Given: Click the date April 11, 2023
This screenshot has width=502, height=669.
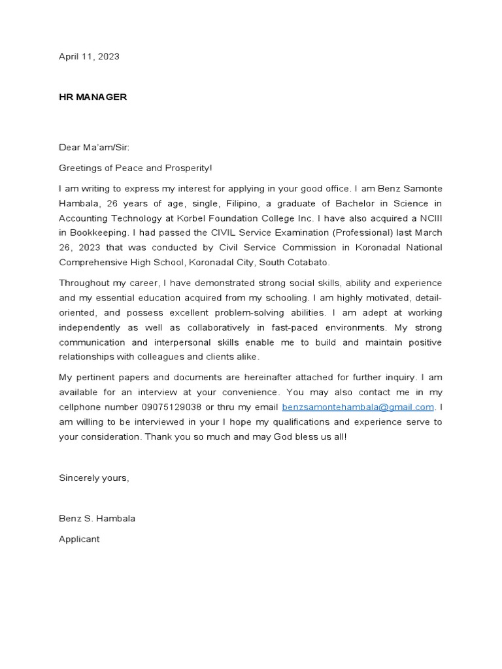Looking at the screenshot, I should (x=89, y=57).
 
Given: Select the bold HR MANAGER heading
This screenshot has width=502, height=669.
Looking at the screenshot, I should (x=93, y=97).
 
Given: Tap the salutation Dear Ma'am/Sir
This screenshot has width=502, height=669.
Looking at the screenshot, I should (x=94, y=148).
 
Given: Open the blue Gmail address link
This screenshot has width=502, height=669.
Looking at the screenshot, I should (x=358, y=407).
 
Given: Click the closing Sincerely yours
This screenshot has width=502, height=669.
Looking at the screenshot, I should (x=94, y=478).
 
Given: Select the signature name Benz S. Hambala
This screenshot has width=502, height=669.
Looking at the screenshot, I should (x=97, y=519).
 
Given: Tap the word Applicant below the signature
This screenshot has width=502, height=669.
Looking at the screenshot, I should (x=79, y=539).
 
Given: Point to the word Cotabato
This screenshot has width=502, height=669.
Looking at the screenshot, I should (x=307, y=263).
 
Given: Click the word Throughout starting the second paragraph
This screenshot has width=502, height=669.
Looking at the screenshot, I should (x=84, y=283).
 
